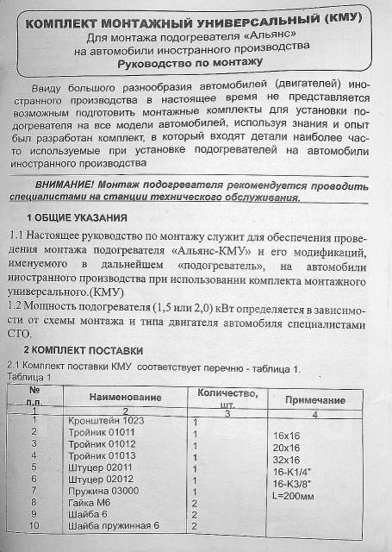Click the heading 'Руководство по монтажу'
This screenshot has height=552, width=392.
click(196, 63)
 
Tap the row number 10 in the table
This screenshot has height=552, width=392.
click(34, 524)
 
